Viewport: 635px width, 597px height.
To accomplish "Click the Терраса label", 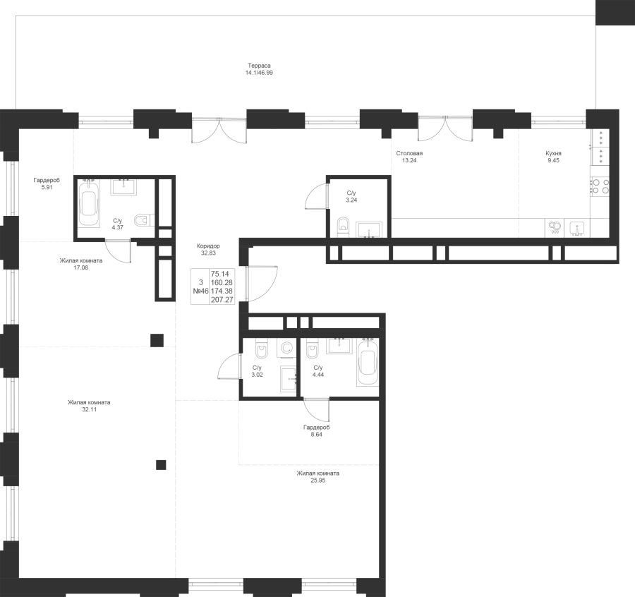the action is pos(259,66).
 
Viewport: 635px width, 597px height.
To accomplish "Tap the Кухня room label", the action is pos(553,154).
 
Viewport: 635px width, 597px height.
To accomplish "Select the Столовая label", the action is pos(409,154).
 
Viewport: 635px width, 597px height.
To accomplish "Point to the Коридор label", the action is pos(208,246).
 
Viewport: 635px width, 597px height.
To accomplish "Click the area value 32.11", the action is pos(89,409).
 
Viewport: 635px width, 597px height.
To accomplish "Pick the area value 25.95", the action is pos(318,481).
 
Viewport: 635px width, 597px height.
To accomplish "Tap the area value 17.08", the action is pos(81,267).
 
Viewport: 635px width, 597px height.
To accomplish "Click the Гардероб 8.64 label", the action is pos(316,431).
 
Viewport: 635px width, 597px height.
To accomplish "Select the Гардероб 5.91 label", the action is pos(47,184).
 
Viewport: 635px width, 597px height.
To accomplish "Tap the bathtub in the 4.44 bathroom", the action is pos(368,362).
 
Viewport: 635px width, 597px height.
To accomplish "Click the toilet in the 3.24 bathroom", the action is pos(343,224).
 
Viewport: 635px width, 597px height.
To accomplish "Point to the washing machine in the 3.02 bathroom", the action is pos(286,349).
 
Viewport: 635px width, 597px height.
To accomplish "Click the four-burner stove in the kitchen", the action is pos(600,187).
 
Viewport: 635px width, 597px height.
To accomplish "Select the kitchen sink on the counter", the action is pos(576,228).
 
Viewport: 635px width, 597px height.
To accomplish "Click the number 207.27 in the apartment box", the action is pos(222,300).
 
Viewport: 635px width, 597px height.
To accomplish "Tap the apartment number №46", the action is pos(200,291).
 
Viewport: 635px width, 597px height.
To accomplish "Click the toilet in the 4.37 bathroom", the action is pos(143,220).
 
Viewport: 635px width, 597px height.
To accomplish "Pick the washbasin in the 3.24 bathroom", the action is pos(368,229).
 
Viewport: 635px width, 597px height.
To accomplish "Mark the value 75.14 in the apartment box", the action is pos(220,275).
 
